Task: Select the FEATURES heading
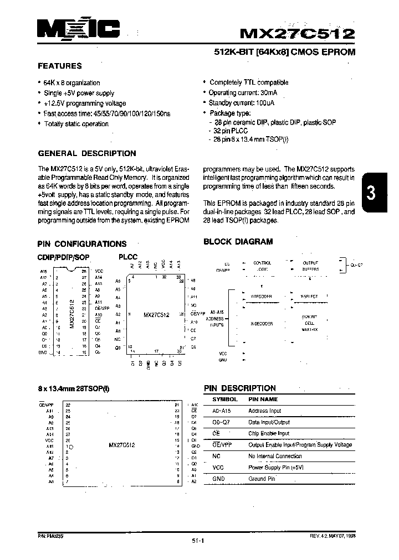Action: click(59, 66)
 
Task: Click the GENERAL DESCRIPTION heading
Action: click(86, 153)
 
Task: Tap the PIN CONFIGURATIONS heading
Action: click(81, 243)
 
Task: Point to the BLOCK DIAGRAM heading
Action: click(238, 241)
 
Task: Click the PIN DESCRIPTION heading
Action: click(239, 388)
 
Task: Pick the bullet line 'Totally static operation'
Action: click(76, 124)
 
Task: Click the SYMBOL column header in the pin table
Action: click(225, 399)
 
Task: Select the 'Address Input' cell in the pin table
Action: click(265, 411)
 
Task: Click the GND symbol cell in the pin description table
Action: click(218, 479)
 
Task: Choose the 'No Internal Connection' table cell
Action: click(275, 456)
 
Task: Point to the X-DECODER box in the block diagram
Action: click(259, 324)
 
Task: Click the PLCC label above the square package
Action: click(127, 257)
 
